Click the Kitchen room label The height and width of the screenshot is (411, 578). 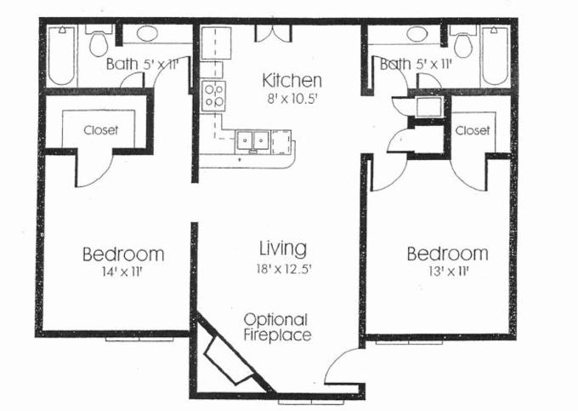pos(292,81)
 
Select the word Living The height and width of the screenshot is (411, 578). pos(282,248)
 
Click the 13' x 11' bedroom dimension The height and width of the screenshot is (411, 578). pos(447,272)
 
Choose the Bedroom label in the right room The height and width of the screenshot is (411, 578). pos(447,254)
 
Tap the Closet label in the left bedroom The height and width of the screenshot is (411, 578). pos(100,130)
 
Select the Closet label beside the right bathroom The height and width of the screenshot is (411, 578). pos(472,130)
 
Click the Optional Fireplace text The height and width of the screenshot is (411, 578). pos(275,327)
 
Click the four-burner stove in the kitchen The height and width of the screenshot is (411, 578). pos(212,94)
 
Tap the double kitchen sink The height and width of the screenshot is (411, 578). pos(252,139)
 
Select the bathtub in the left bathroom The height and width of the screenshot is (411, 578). pos(61,55)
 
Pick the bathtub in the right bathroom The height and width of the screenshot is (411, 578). pos(494,55)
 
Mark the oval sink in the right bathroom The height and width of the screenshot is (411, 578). pos(416,35)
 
